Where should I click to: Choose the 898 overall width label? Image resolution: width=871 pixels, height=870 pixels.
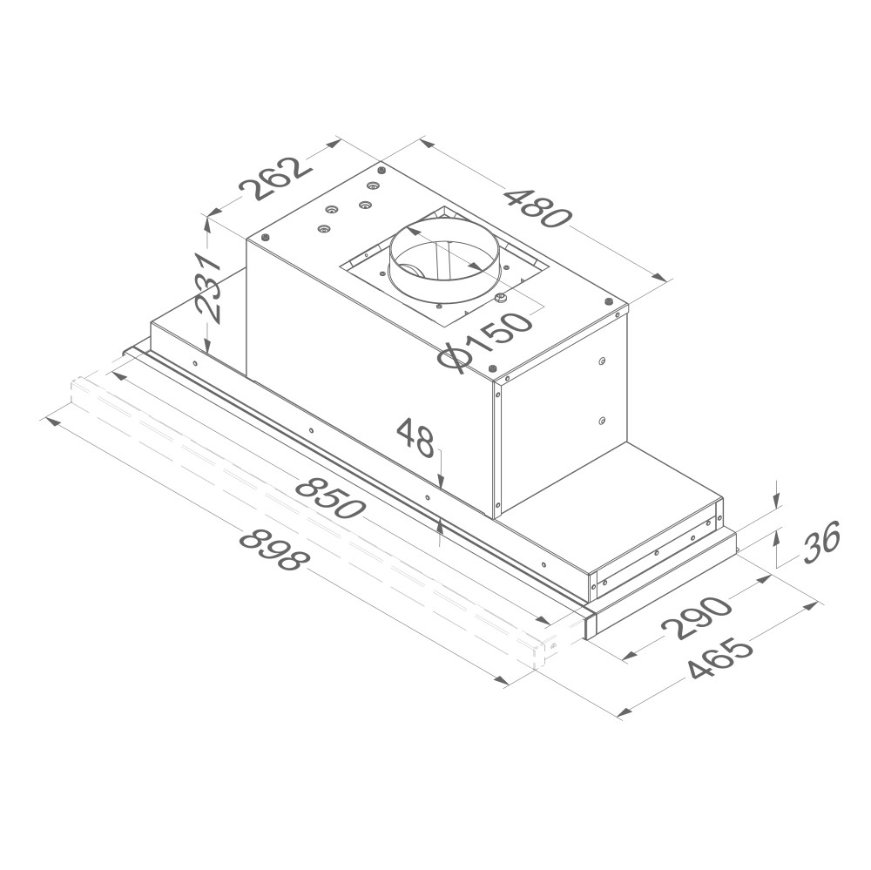pos(272,550)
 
